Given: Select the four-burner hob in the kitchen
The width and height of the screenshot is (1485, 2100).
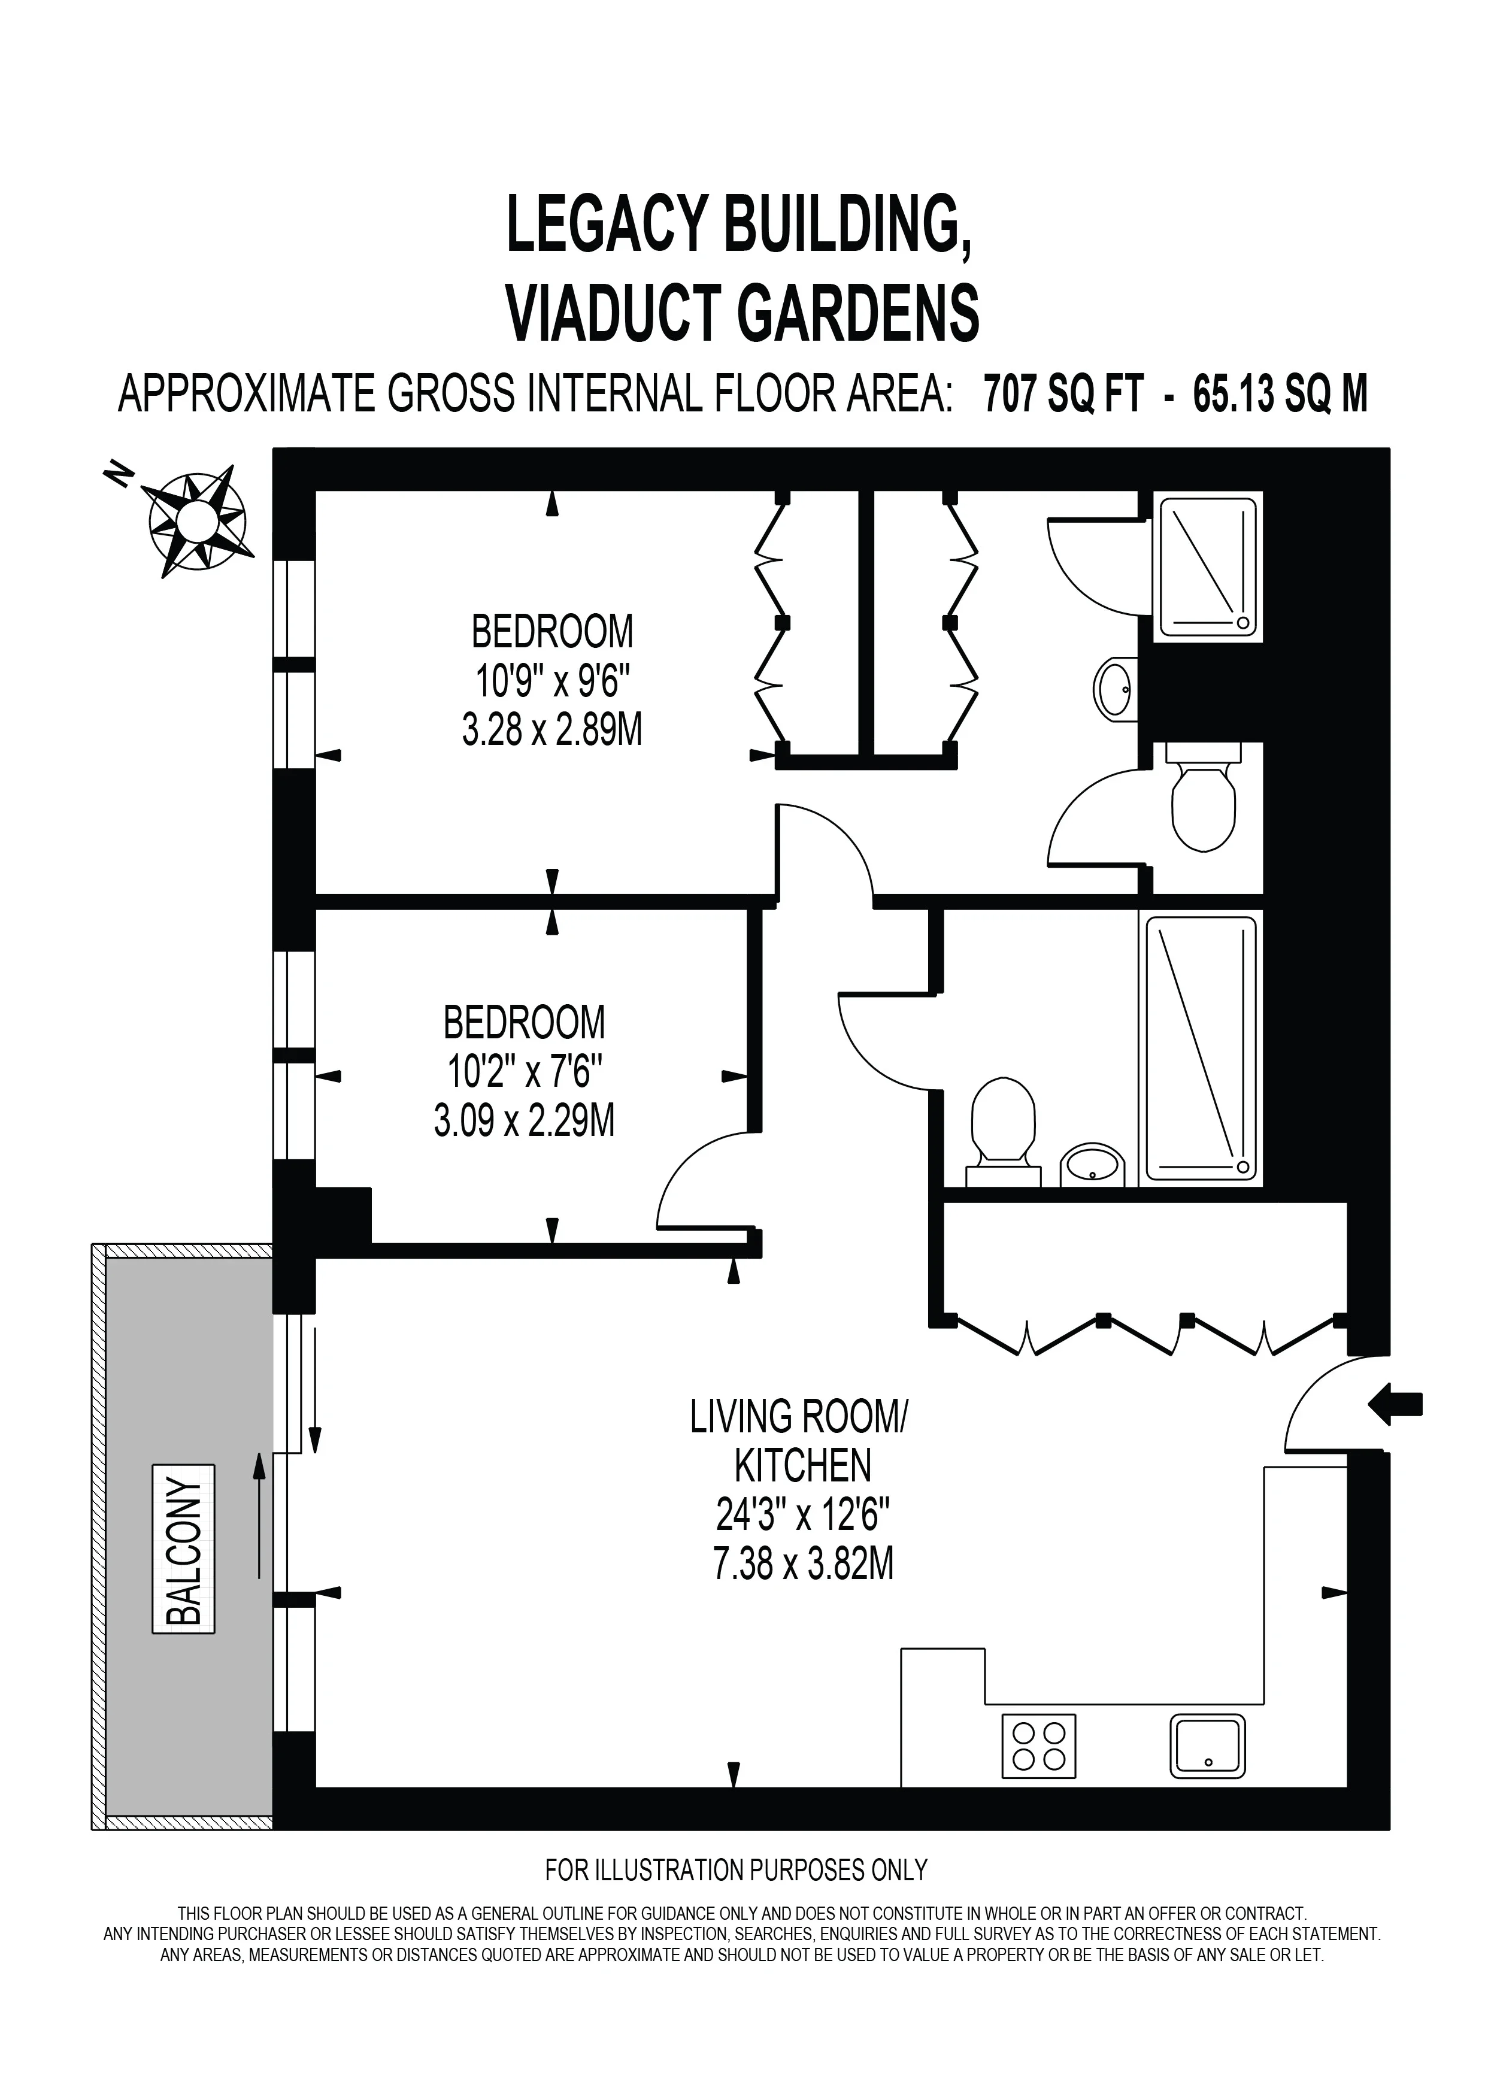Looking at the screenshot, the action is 1039,1745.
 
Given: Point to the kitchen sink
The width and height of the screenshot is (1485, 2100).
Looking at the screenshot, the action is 1208,1745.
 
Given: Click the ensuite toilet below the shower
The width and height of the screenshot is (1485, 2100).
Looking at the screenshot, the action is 1204,796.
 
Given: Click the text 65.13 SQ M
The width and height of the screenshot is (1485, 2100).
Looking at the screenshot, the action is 1280,395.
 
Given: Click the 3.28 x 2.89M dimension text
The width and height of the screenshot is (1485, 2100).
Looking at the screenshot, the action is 552,731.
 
